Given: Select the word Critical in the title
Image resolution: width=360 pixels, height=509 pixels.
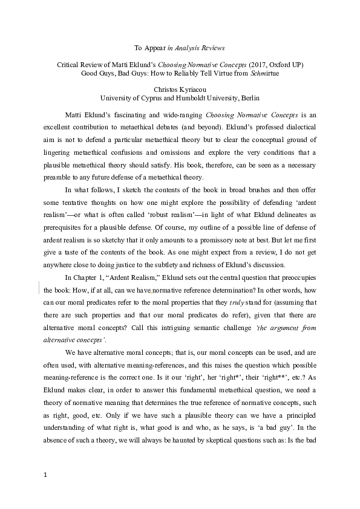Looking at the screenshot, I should coord(69,63).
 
